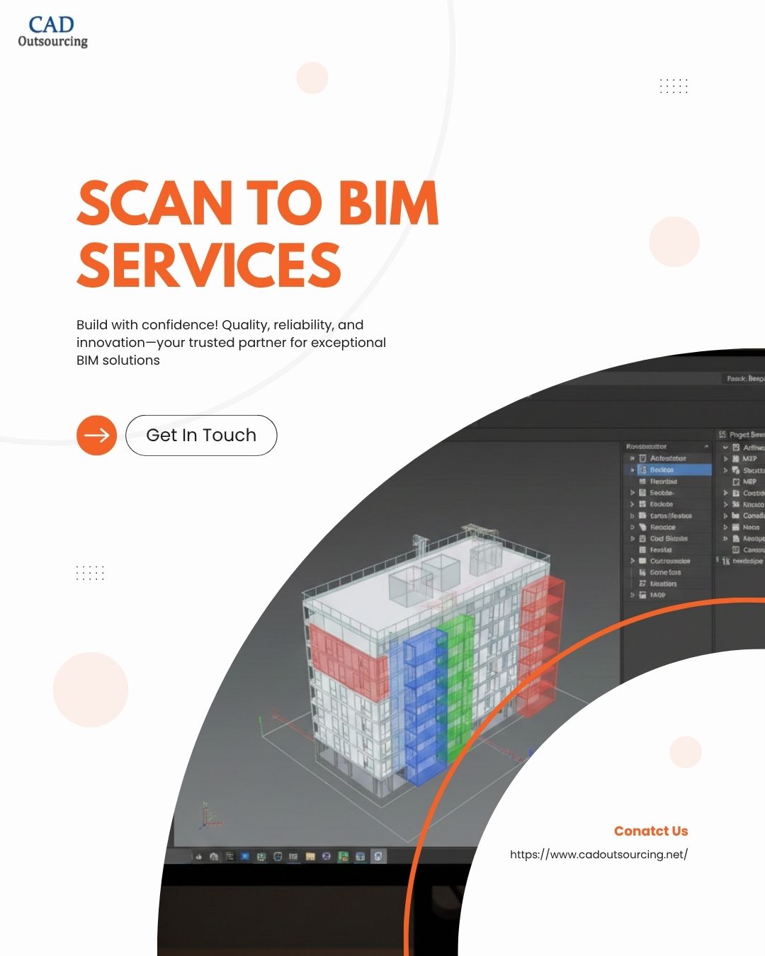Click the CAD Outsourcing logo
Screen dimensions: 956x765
pyautogui.click(x=52, y=32)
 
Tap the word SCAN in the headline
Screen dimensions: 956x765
pyautogui.click(x=154, y=203)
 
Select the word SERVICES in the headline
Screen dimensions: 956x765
pyautogui.click(x=209, y=265)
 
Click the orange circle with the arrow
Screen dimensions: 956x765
pyautogui.click(x=96, y=435)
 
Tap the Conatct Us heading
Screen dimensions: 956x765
pyautogui.click(x=650, y=831)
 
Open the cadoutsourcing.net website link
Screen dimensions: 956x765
pyautogui.click(x=599, y=854)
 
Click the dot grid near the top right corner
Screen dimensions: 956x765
pyautogui.click(x=674, y=86)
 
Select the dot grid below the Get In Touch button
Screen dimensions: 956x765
pyautogui.click(x=90, y=573)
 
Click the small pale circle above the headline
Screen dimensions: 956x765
pyautogui.click(x=312, y=78)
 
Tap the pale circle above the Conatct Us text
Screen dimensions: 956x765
pyautogui.click(x=685, y=752)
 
